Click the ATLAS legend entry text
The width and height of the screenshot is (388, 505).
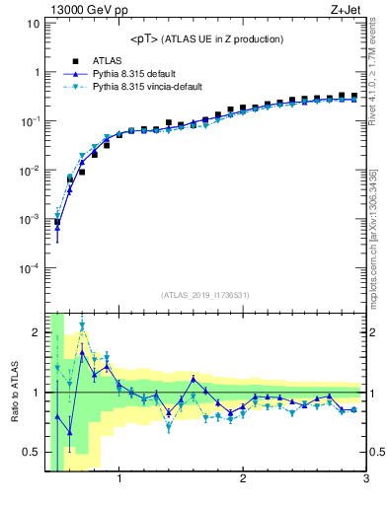108,60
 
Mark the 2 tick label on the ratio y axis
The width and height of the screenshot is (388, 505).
36,332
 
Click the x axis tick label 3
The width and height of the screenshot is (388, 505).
365,480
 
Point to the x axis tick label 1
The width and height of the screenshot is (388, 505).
119,480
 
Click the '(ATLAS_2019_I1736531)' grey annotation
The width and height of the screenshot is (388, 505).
203,294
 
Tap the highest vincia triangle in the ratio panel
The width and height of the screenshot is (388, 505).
82,325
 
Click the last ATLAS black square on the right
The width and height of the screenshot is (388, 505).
354,96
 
